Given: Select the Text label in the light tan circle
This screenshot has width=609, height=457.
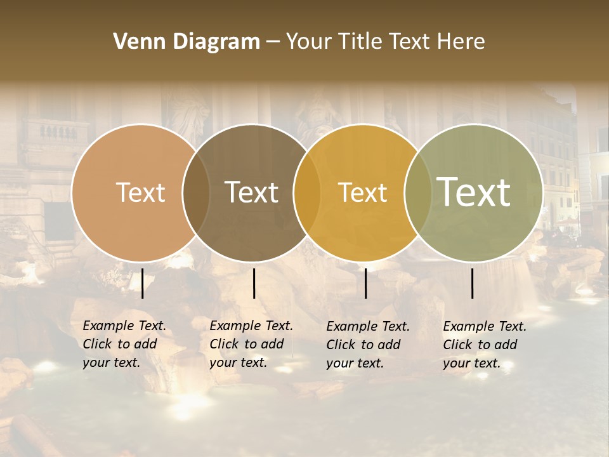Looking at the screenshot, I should coord(140,192).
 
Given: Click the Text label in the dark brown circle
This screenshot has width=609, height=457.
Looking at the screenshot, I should coord(251,192).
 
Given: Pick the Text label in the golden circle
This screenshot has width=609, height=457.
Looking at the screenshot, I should coord(362,192).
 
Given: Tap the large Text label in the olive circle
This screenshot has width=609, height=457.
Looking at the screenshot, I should coord(474,192).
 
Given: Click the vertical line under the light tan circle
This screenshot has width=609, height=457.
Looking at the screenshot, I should coord(143,283).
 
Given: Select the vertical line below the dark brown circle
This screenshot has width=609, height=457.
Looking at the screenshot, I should coord(254,283).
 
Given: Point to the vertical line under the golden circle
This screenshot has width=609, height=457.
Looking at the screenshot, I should coord(365,283).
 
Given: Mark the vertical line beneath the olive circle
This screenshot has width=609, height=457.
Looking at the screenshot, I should coord(473,283).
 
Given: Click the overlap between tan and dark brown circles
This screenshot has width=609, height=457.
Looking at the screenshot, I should coord(196,192).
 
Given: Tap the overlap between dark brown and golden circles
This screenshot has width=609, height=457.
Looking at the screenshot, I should coord(307,192).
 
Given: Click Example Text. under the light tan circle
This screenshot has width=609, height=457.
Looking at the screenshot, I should coord(124,326).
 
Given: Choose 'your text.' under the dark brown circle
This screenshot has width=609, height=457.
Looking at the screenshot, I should coord(239,362).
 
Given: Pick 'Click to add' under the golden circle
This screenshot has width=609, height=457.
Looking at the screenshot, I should coord(363,345).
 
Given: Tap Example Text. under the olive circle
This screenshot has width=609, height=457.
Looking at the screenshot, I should coord(485,326).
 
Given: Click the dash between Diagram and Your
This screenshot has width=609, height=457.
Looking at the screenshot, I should coord(273,42).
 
